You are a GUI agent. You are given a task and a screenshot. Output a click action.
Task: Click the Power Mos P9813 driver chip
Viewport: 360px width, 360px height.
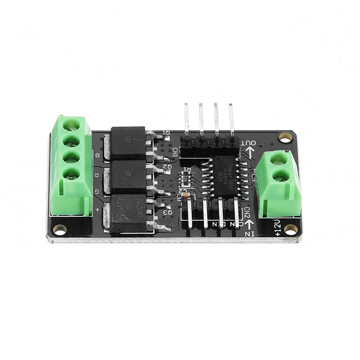click(225, 175)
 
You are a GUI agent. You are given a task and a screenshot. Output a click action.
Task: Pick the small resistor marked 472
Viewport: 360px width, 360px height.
click(185, 177)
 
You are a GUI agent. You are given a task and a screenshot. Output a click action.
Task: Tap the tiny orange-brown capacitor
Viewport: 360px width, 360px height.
click(185, 195)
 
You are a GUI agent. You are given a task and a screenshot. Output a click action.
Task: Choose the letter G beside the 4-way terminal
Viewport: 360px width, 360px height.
click(96, 192)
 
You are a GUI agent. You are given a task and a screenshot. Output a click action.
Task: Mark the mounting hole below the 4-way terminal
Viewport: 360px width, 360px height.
click(59, 229)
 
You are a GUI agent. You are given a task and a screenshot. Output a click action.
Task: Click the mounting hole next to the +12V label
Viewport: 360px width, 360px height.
click(290, 228)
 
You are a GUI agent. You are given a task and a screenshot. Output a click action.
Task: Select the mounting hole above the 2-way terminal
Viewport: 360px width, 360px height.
click(285, 137)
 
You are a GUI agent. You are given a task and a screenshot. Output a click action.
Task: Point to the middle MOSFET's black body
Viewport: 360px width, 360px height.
click(128, 177)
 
